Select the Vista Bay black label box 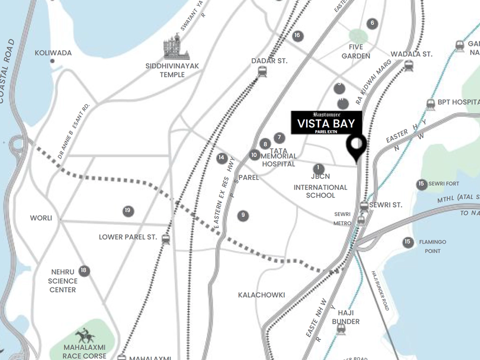pos(326,123)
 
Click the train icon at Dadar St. pos(262,71)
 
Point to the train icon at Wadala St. pos(408,66)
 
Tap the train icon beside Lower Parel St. pos(165,239)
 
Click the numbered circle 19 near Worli pos(128,211)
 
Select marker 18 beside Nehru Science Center pos(84,270)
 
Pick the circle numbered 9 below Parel pos(243,216)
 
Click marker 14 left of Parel pos(222,158)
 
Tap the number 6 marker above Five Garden pos(372,23)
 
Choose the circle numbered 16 pos(297,36)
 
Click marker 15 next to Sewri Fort pos(421,184)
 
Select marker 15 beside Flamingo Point pos(408,242)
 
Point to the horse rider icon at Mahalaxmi pos(85,335)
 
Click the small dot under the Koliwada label pos(52,61)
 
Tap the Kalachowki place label pos(261,295)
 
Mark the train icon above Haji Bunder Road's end pos(341,330)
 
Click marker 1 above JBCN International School pos(319,168)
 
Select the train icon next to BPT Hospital pos(431,105)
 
